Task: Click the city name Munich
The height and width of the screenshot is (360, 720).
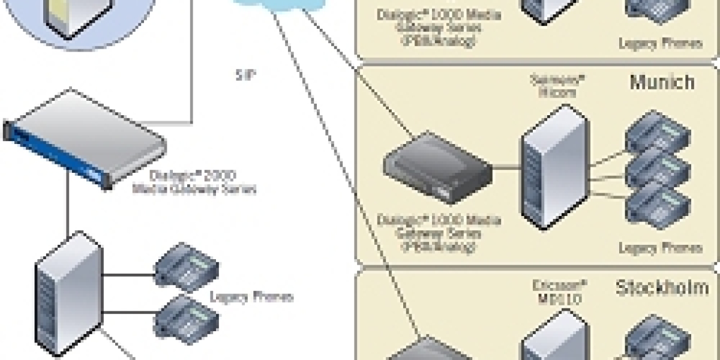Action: point(662,82)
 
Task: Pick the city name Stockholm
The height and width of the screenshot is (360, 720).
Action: point(661,288)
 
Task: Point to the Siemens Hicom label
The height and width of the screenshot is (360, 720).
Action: point(550,86)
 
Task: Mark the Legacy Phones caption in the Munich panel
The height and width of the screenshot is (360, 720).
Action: point(660,247)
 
